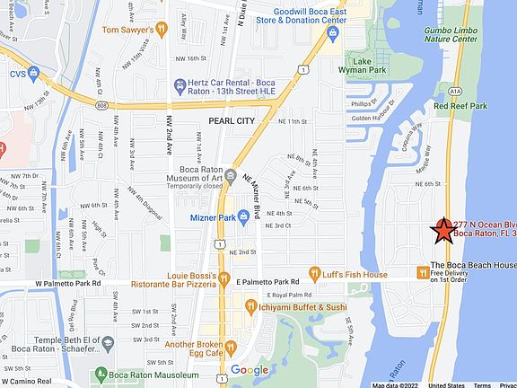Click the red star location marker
point(443,232)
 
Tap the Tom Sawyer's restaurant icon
point(162,29)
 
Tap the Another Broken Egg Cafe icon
point(231,346)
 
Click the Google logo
point(250,370)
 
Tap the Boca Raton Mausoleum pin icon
point(98,373)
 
